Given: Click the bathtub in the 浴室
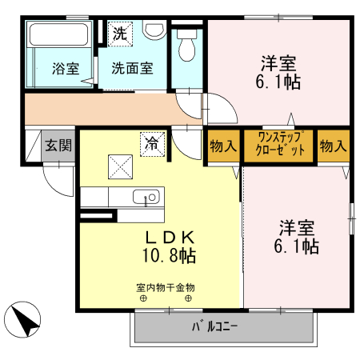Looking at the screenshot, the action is (x=59, y=34).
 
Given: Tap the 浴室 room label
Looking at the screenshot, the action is (x=66, y=69).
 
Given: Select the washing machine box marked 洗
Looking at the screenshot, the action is (x=120, y=34).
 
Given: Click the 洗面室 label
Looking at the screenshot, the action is (x=132, y=68).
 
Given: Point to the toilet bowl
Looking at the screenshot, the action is (x=186, y=46).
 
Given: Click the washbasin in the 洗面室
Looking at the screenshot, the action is (x=154, y=30).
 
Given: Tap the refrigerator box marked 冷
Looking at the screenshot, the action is (x=152, y=144).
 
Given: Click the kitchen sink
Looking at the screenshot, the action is (x=146, y=197).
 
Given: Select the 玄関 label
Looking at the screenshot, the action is (x=58, y=146).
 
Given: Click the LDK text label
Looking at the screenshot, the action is (x=170, y=238).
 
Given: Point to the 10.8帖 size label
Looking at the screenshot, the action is (x=170, y=255).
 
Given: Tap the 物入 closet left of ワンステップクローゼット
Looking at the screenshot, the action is (x=223, y=146).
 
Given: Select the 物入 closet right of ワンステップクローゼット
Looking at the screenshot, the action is (x=334, y=146).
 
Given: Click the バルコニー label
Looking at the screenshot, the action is (x=214, y=326).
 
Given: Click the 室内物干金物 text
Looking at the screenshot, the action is (x=166, y=288).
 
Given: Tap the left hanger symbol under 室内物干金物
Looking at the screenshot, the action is (x=143, y=298).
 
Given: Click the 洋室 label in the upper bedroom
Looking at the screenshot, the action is (x=278, y=63).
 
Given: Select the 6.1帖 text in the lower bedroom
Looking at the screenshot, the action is (x=297, y=246).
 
